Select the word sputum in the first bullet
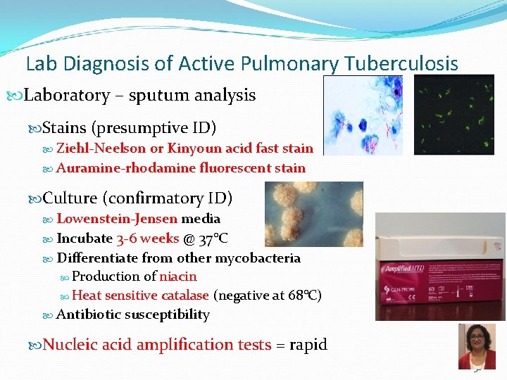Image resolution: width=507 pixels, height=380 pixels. point(156,95)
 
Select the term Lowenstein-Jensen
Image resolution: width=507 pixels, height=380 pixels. point(117,219)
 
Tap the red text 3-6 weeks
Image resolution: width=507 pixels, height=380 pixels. point(148,239)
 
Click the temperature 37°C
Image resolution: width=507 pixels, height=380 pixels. point(212,239)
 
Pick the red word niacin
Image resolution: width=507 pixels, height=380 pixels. point(178,277)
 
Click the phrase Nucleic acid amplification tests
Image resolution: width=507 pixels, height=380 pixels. point(157,345)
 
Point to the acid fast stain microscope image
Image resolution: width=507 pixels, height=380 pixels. point(363,115)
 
